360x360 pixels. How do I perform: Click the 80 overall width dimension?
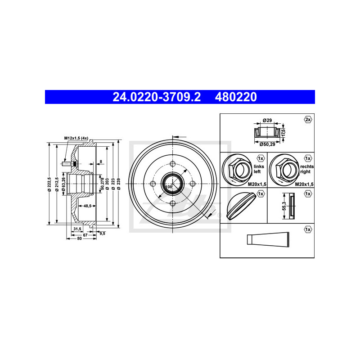(x=79, y=239)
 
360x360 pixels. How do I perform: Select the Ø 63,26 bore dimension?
(x=63, y=184)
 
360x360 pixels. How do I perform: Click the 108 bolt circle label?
(x=168, y=187)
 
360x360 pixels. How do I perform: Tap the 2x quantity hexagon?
(x=307, y=120)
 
